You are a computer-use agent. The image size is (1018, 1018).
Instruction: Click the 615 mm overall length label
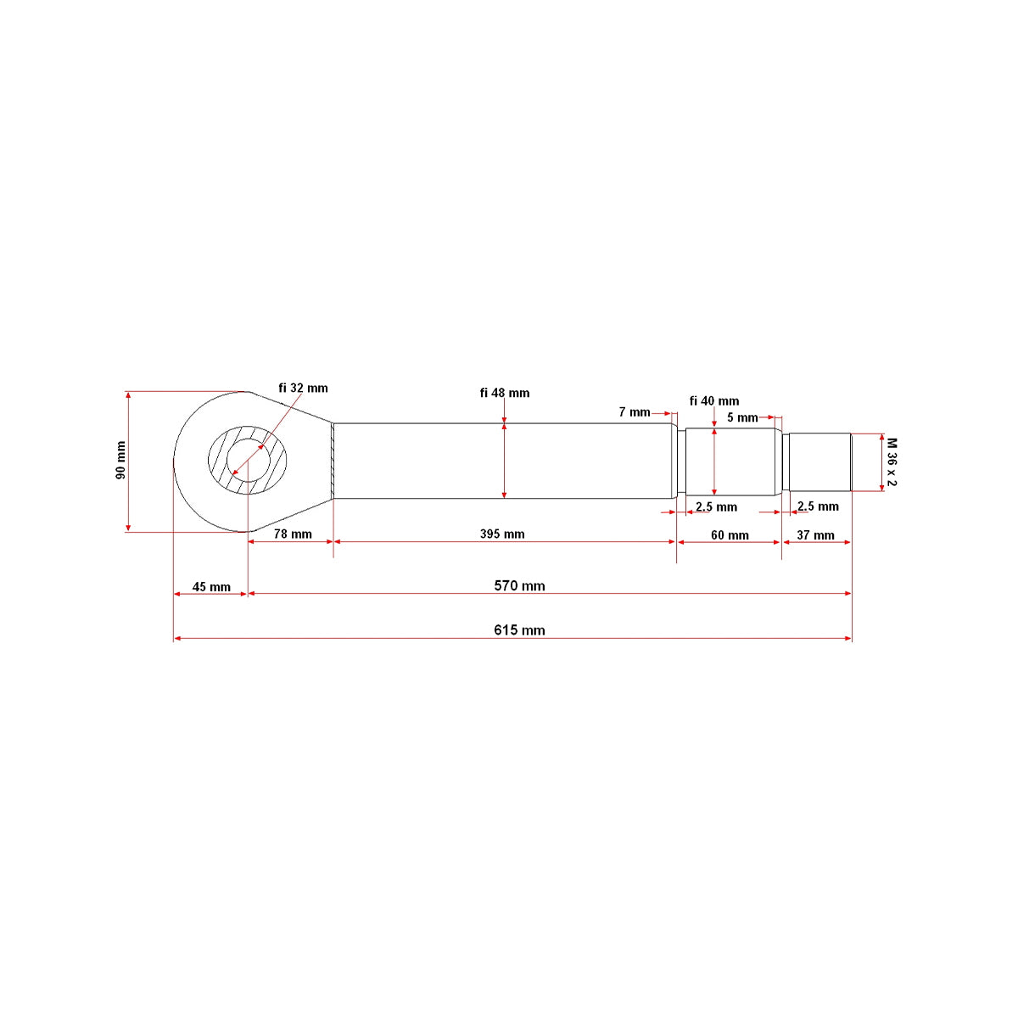(x=519, y=630)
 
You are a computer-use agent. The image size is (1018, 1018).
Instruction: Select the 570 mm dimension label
(x=519, y=586)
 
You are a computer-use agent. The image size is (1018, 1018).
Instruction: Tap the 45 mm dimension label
(x=211, y=587)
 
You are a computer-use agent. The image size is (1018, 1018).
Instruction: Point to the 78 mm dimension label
(x=293, y=534)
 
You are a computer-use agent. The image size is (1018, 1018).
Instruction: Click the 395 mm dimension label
(x=502, y=534)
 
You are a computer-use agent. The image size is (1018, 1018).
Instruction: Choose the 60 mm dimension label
(x=730, y=535)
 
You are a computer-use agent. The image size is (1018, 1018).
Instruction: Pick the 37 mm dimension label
(x=815, y=535)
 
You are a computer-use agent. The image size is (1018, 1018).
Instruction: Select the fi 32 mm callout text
(x=303, y=389)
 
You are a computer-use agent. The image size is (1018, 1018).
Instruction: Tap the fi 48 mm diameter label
(x=505, y=393)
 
